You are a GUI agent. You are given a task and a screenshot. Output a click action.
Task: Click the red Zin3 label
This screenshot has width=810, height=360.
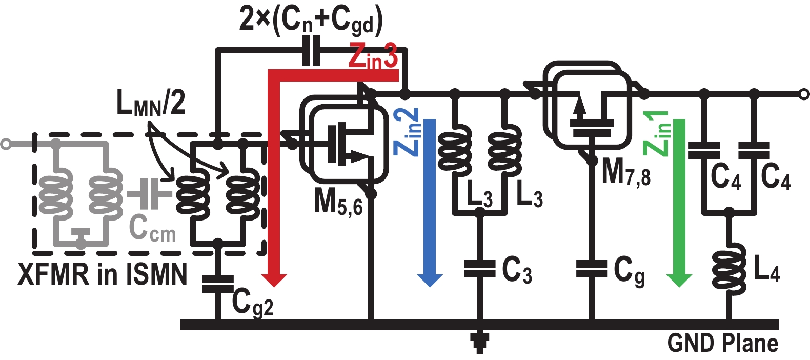point(373,56)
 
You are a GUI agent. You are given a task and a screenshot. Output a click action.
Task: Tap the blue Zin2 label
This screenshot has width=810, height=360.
point(407,132)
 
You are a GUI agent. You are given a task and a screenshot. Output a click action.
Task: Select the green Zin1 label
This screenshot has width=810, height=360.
point(657,133)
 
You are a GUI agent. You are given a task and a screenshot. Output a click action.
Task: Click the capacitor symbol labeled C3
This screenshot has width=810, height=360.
point(479,269)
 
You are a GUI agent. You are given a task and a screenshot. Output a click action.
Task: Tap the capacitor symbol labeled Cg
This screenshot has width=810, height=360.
point(592,269)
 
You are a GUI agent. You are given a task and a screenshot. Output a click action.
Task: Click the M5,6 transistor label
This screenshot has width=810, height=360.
point(338,202)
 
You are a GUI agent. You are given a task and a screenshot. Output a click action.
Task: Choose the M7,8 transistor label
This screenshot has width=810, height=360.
point(626,172)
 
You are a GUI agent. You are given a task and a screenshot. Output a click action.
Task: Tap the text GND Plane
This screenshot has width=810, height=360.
point(722,343)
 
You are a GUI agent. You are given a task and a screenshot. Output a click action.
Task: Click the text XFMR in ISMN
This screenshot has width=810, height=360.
point(103,274)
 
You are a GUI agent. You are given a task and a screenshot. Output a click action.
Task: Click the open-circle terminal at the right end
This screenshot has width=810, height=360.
point(804,94)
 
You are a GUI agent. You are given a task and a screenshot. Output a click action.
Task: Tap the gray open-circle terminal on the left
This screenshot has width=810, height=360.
point(6,144)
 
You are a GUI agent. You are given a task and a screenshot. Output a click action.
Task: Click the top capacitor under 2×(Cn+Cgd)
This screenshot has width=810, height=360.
point(311,50)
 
